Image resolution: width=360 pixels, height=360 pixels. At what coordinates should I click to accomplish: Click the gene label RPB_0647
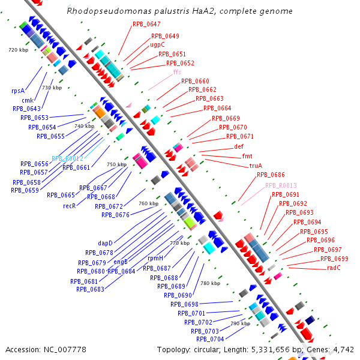146,24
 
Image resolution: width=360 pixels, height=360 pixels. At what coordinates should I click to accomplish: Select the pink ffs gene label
177,72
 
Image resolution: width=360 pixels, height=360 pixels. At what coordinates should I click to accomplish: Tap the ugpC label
158,44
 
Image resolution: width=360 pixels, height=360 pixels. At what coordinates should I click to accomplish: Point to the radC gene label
334,268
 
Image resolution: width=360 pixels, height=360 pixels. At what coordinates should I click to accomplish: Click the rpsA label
18,91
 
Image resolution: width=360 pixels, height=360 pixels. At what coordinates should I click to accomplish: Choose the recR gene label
69,205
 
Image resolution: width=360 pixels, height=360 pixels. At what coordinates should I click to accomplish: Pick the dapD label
106,243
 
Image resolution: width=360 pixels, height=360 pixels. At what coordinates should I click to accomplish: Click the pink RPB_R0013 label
281,185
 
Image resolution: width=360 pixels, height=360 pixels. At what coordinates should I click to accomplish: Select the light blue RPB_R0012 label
67,158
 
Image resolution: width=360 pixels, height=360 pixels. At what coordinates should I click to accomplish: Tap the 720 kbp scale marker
19,50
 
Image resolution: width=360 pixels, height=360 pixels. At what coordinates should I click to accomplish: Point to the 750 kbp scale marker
116,164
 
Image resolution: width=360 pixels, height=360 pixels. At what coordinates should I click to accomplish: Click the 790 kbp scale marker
240,323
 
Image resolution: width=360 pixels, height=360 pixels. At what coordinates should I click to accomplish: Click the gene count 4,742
343,349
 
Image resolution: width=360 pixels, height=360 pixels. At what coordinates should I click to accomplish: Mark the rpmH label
156,258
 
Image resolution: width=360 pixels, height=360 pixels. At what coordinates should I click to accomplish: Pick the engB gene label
121,262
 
